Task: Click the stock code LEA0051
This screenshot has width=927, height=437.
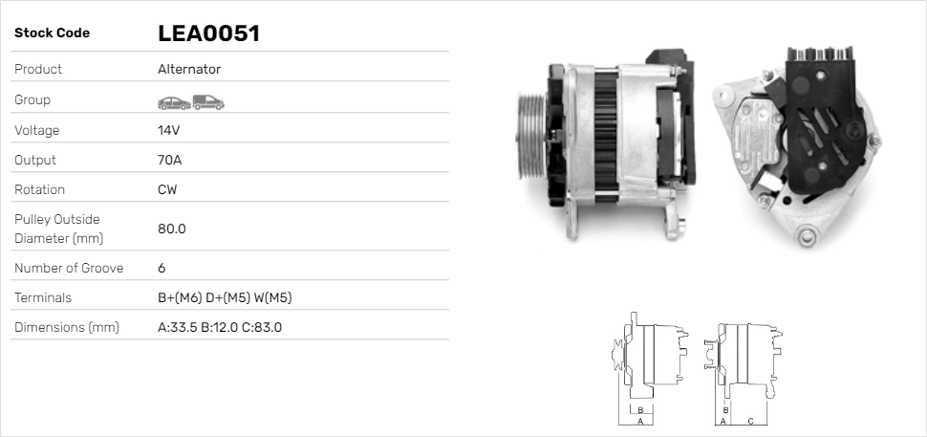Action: pyautogui.click(x=208, y=33)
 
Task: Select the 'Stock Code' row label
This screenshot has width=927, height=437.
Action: pyautogui.click(x=52, y=33)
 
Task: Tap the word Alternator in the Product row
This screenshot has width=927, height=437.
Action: pyautogui.click(x=188, y=70)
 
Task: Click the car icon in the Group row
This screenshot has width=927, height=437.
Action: pyautogui.click(x=172, y=101)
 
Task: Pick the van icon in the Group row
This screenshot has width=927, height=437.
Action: pyautogui.click(x=207, y=101)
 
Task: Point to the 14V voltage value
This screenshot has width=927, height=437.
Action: pyautogui.click(x=168, y=130)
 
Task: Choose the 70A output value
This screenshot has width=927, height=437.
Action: pyautogui.click(x=169, y=160)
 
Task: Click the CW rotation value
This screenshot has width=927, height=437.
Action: pyautogui.click(x=167, y=189)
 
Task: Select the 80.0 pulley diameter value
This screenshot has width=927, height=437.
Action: pyautogui.click(x=171, y=229)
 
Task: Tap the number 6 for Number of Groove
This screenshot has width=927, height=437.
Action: pyautogui.click(x=162, y=268)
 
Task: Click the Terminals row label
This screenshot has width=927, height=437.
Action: pyautogui.click(x=43, y=297)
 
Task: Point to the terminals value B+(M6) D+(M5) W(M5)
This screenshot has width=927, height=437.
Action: pyautogui.click(x=225, y=297)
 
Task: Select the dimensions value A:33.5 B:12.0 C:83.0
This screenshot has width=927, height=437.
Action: pyautogui.click(x=219, y=327)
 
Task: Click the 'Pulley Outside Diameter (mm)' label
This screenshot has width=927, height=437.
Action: pyautogui.click(x=58, y=229)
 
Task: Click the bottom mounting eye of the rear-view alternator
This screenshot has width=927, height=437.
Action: pyautogui.click(x=810, y=233)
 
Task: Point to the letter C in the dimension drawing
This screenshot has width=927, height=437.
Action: pyautogui.click(x=750, y=421)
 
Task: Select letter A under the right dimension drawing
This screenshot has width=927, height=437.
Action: pyautogui.click(x=723, y=421)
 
